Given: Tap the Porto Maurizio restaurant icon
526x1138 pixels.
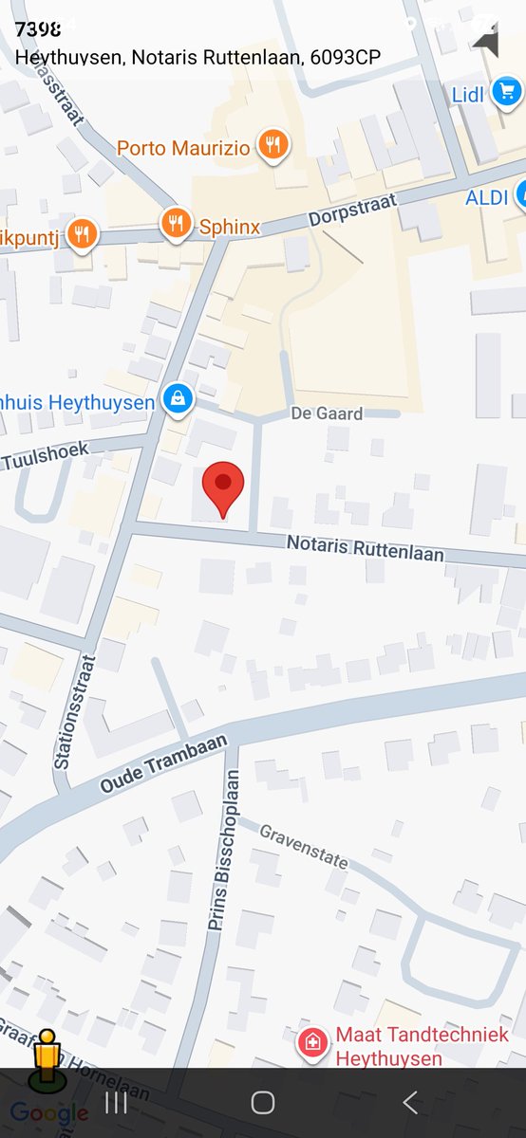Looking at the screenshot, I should tap(273, 145).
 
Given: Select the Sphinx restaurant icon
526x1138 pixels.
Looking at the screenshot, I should tap(175, 224).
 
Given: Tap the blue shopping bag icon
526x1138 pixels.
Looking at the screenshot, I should tap(177, 399).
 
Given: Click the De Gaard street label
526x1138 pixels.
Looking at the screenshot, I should tap(327, 413).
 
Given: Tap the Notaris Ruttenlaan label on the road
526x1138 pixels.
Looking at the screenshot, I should tap(365, 548).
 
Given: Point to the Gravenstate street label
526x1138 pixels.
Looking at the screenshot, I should tap(303, 847).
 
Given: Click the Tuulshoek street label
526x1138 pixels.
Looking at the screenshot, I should tap(45, 456).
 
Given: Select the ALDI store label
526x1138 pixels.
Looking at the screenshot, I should tap(487, 198).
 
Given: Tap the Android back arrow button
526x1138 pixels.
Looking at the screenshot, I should tap(410, 1102).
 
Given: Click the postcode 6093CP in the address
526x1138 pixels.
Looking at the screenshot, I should tap(346, 58).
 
